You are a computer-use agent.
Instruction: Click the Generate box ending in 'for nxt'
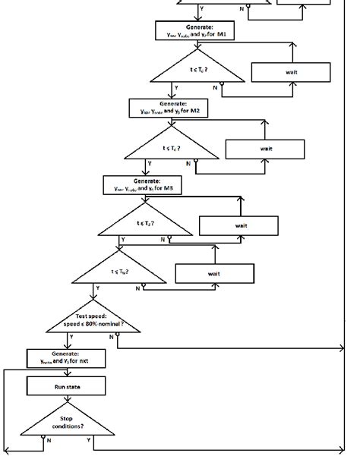point(67,359)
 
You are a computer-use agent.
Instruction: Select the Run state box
point(67,387)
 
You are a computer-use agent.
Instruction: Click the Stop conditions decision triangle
point(67,421)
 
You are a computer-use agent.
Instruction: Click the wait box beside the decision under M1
point(291,72)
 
